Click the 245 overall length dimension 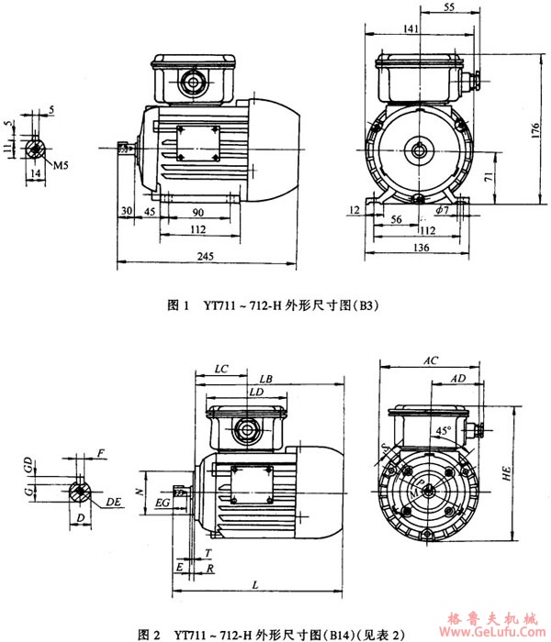[208, 259]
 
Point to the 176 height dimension [535, 130]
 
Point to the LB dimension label [265, 378]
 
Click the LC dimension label [219, 368]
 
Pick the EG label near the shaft [161, 503]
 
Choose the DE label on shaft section [111, 503]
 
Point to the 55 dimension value [448, 6]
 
